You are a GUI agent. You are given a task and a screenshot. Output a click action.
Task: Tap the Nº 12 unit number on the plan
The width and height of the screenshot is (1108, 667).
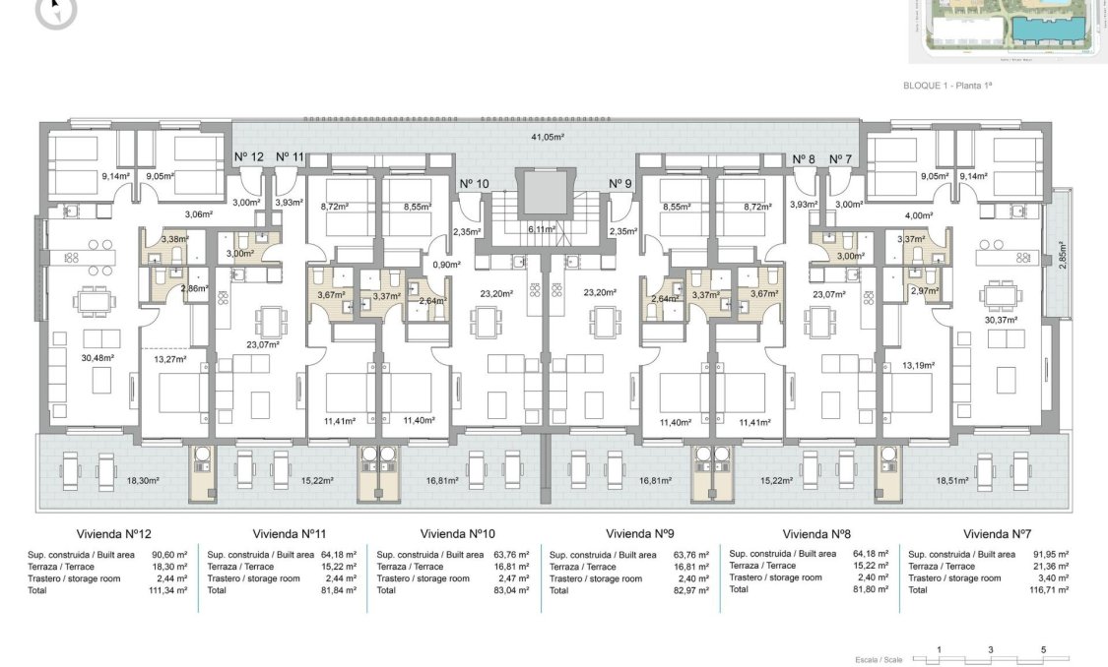click(x=249, y=157)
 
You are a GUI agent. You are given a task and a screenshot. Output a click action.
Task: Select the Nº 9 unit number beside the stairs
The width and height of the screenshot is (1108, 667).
click(x=619, y=183)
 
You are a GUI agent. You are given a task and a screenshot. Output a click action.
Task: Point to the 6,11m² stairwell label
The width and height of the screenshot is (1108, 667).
click(x=541, y=228)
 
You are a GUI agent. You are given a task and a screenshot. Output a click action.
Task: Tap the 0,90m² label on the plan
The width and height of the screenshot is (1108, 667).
click(x=447, y=265)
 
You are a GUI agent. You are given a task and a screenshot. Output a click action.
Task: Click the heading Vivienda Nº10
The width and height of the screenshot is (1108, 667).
click(x=457, y=534)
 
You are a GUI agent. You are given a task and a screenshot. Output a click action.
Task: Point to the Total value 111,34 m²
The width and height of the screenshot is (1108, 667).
click(x=169, y=590)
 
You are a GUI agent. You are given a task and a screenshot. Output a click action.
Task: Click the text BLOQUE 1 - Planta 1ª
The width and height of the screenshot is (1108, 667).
click(x=946, y=87)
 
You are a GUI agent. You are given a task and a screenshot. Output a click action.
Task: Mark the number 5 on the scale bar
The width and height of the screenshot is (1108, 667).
click(x=1042, y=650)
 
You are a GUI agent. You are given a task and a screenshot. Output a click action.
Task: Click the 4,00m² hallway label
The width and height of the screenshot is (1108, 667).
click(x=917, y=215)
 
